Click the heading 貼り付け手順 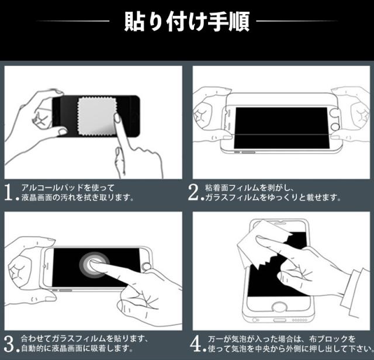pos(187,22)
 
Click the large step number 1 pos(9,192)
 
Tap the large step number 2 pos(193,192)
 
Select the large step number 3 pos(9,344)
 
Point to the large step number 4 pos(196,344)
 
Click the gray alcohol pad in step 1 pos(97,116)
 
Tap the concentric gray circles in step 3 pos(94,265)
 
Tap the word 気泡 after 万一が pos(240,339)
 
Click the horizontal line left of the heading pos(72,21)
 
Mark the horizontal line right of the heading pos(297,21)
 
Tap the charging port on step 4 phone pos(279,320)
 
